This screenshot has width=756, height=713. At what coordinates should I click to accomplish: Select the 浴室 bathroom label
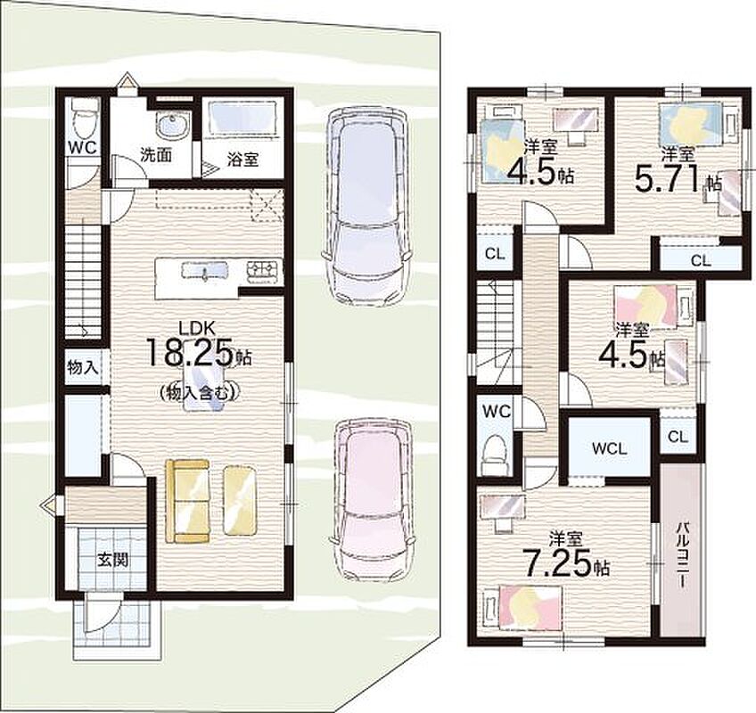[x=243, y=159]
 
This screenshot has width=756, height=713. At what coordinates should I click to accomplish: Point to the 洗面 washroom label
[x=156, y=155]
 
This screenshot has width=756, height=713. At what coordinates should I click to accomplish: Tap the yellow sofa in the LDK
[x=187, y=501]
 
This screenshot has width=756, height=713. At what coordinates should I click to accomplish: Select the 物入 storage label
[x=83, y=368]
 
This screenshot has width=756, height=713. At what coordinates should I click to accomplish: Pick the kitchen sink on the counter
[x=204, y=270]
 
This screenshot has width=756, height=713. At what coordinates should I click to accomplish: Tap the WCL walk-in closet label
[x=610, y=449]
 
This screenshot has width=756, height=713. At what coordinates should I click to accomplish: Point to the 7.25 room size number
[x=557, y=563]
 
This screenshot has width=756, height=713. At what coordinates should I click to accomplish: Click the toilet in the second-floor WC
[x=495, y=449]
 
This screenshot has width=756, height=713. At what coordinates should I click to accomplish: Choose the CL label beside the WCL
[x=678, y=437]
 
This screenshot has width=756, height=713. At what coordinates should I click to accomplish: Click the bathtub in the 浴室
[x=242, y=120]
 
